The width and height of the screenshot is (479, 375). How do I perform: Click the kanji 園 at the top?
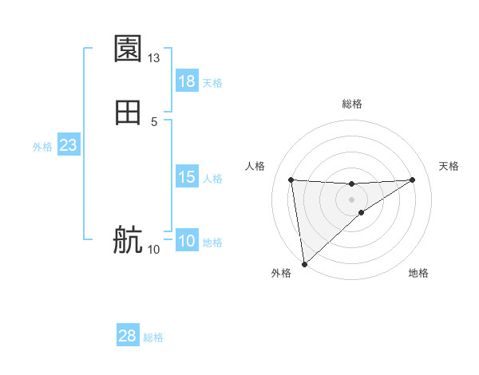128,49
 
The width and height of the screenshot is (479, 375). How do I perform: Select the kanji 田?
128,113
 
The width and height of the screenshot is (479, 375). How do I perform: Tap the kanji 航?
128,240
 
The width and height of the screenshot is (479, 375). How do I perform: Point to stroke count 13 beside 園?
154,58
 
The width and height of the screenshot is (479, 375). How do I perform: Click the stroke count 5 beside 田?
154,121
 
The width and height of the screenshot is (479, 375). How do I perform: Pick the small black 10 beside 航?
154,249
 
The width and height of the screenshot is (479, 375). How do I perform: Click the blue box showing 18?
187,81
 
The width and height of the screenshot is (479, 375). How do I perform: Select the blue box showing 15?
187,177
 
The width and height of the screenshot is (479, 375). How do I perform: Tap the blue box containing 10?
187,241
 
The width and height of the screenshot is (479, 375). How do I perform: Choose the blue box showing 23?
68,145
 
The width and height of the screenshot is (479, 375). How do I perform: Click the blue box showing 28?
128,336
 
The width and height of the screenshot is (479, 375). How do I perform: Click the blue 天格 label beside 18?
212,83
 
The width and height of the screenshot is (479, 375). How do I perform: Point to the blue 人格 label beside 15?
212,179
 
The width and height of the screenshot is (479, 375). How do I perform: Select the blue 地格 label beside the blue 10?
212,243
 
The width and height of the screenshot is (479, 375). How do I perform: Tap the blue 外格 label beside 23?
42,147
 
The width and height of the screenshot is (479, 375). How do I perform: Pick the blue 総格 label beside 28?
153,337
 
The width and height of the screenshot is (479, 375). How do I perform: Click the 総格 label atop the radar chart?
351,104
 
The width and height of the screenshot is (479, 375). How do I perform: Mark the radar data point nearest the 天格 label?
413,180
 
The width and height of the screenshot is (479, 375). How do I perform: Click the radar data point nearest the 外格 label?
303,264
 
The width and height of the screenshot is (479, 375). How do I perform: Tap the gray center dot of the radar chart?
351,199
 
